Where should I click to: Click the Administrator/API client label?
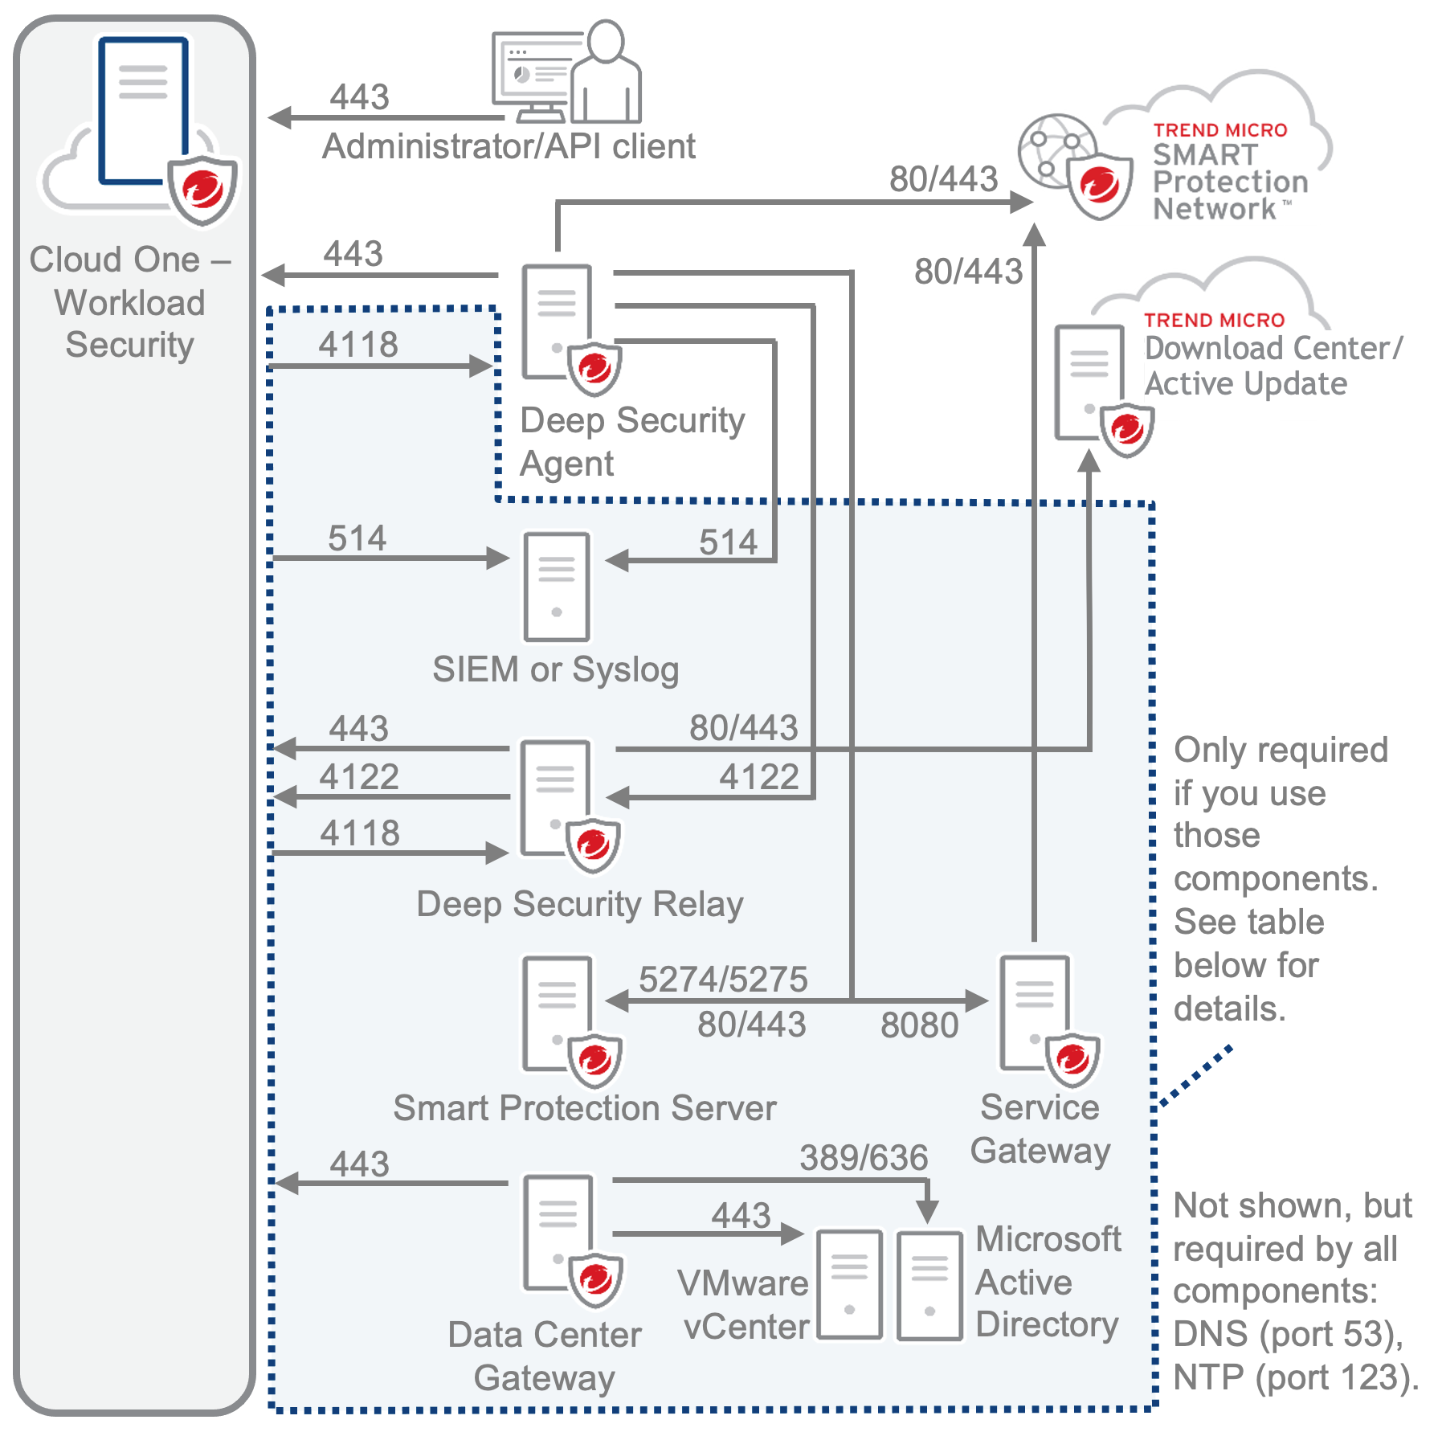point(509,147)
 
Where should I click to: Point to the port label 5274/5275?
point(723,979)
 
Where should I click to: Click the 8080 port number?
point(919,1025)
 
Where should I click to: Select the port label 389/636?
point(864,1158)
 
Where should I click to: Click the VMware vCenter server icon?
point(850,1284)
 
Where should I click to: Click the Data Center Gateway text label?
point(545,1356)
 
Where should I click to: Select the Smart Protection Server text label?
point(585,1108)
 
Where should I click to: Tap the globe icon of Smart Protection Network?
point(1054,149)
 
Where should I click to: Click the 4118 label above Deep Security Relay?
point(360,833)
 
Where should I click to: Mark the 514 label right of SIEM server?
point(728,542)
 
